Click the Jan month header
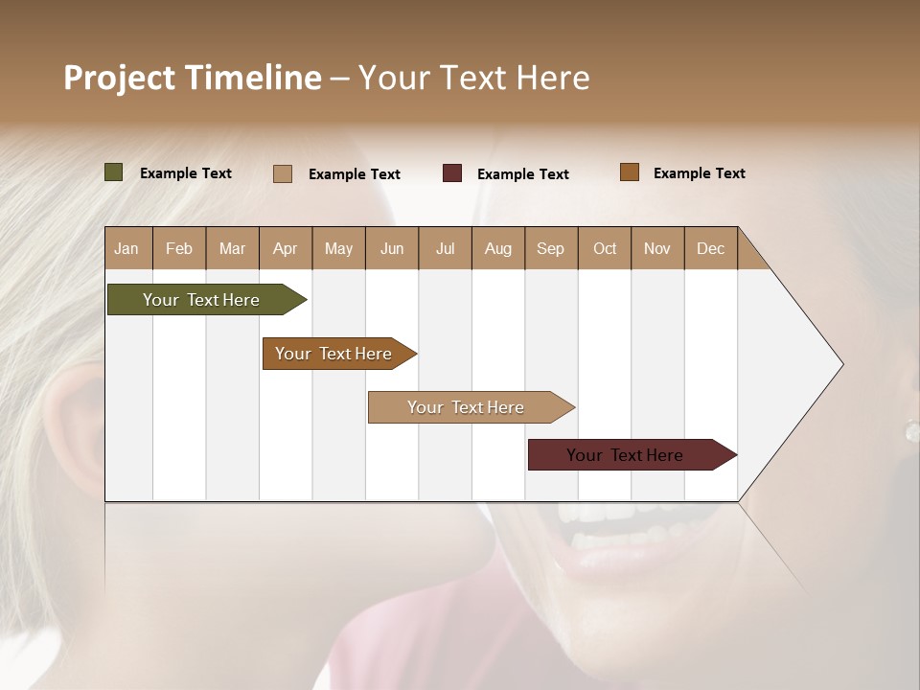[126, 249]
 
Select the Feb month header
[179, 249]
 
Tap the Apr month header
[285, 249]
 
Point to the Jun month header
[392, 249]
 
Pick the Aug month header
[497, 249]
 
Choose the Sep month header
[550, 249]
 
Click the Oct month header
[605, 249]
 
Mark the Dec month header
[710, 249]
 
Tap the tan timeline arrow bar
[467, 407]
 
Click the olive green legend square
[114, 172]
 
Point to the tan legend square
[283, 173]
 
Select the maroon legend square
[452, 173]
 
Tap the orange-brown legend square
[630, 172]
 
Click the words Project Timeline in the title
[193, 78]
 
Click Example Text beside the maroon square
[522, 174]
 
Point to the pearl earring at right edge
[911, 430]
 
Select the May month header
[338, 249]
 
